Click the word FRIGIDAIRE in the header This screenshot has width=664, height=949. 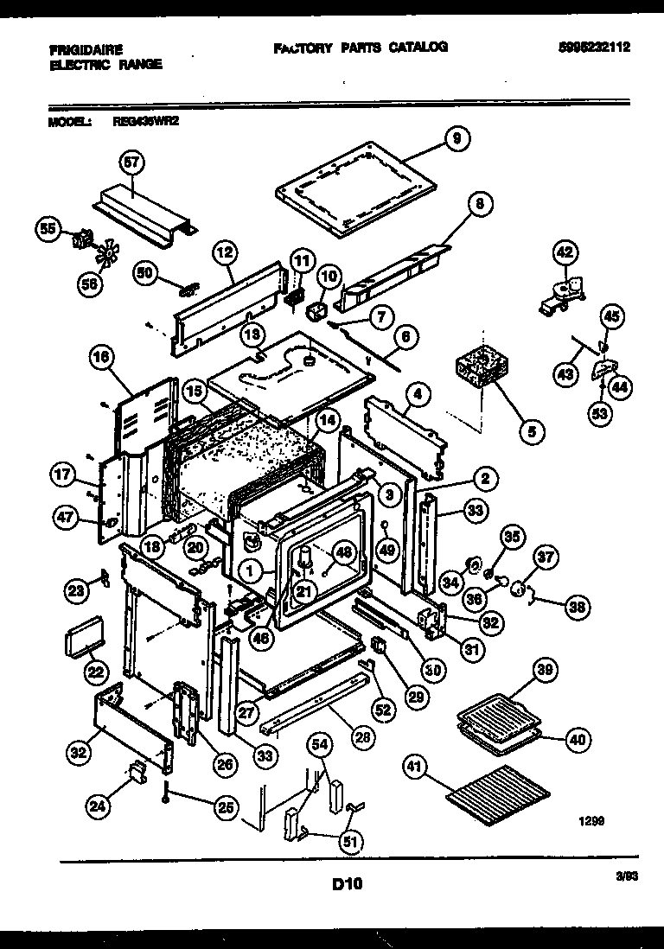pos(86,50)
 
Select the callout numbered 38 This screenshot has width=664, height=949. pos(576,607)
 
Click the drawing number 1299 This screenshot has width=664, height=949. pos(590,824)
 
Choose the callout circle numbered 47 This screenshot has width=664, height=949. pos(66,519)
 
